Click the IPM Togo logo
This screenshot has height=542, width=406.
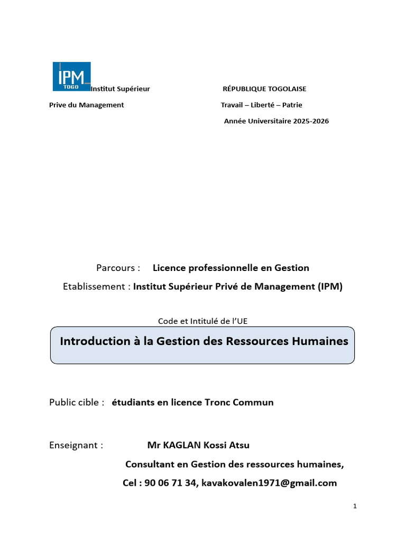pyautogui.click(x=71, y=77)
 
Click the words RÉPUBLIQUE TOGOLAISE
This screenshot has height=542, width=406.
pyautogui.click(x=264, y=89)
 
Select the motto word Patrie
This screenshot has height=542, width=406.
pyautogui.click(x=292, y=105)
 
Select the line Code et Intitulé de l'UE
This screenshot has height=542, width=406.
pyautogui.click(x=202, y=321)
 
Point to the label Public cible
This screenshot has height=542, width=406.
pyautogui.click(x=76, y=402)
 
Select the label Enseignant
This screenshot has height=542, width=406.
pyautogui.click(x=76, y=445)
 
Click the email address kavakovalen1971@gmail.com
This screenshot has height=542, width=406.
pyautogui.click(x=268, y=483)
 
